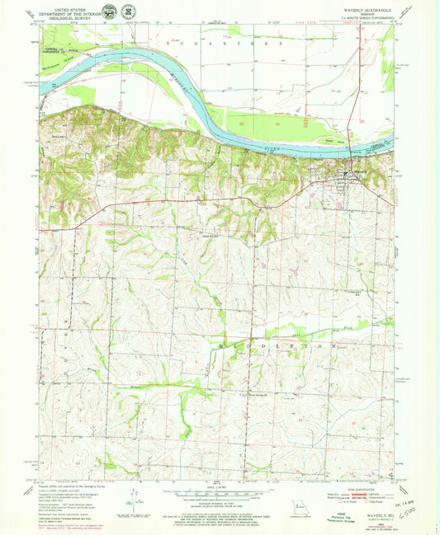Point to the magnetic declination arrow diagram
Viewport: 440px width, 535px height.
point(132,499)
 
